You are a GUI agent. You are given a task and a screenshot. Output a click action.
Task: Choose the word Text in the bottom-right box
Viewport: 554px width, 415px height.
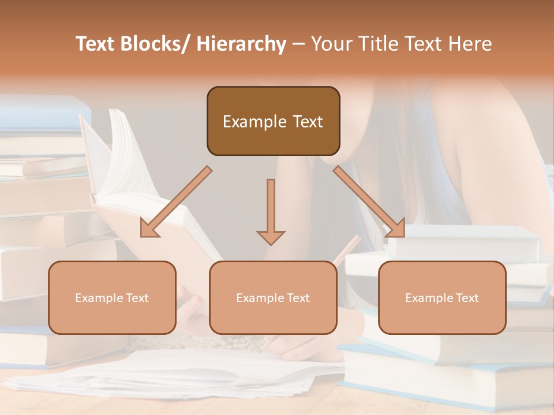(467, 298)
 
